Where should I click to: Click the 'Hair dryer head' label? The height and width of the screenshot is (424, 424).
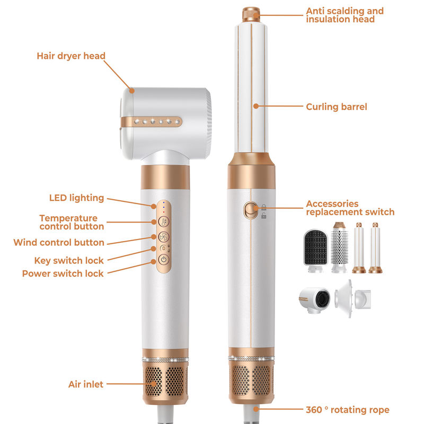[71, 56]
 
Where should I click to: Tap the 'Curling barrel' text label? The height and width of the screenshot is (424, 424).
[337, 107]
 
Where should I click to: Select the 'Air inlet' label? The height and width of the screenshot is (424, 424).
[86, 384]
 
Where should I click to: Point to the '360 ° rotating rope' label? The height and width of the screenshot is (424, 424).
[348, 410]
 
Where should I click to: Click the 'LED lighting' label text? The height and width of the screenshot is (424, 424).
[76, 198]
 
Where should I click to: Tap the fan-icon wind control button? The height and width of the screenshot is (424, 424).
[164, 237]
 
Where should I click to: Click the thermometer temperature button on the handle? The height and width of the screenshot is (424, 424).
[164, 222]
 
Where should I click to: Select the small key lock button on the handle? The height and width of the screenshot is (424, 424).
[163, 248]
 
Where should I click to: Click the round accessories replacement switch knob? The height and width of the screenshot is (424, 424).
[251, 210]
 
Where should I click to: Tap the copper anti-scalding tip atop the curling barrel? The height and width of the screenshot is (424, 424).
[251, 14]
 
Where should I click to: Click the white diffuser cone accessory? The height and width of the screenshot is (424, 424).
[352, 298]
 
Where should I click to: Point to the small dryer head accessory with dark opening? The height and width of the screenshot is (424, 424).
[314, 300]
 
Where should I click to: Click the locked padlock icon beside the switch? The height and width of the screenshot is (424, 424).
[263, 207]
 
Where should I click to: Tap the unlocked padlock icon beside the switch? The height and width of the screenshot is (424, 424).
[263, 216]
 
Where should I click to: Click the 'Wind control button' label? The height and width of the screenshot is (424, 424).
[59, 243]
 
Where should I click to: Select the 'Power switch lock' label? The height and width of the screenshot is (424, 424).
[63, 273]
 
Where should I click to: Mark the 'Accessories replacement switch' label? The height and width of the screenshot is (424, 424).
[350, 208]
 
